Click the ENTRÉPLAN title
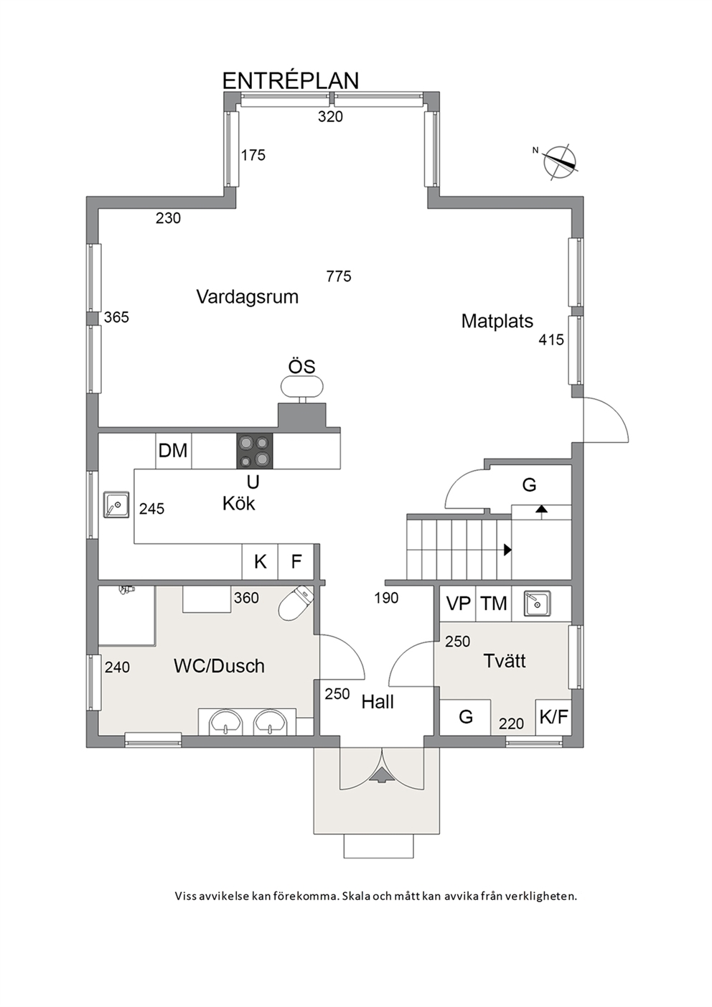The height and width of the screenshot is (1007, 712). click(291, 81)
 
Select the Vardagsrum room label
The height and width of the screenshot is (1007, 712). click(247, 296)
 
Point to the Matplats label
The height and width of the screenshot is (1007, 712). click(497, 321)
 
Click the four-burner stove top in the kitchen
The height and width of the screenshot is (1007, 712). click(255, 451)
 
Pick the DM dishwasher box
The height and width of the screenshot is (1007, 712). click(174, 451)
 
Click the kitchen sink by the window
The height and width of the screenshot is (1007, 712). click(116, 505)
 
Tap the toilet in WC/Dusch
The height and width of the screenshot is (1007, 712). click(296, 604)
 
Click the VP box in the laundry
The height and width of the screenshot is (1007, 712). click(458, 604)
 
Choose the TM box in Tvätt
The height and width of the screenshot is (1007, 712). click(494, 604)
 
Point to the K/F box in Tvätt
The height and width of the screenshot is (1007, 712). click(554, 717)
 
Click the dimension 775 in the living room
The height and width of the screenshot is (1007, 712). click(339, 276)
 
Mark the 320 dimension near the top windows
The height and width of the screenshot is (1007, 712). click(330, 116)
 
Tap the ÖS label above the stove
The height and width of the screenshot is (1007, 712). click(301, 366)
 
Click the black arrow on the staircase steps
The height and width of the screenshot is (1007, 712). click(508, 549)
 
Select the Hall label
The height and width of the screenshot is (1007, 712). click(378, 702)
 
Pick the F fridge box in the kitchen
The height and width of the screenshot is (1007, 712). click(296, 561)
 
